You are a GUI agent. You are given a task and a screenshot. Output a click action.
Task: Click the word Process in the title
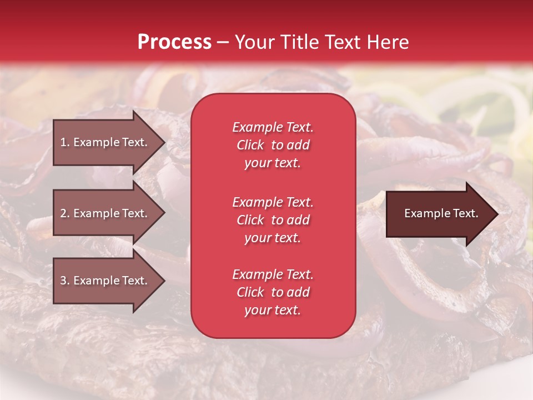click(174, 42)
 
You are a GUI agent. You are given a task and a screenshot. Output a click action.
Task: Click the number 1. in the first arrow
click(65, 142)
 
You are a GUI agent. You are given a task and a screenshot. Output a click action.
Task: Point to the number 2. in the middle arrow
click(65, 213)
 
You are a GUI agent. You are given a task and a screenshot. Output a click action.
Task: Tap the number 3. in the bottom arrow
click(65, 281)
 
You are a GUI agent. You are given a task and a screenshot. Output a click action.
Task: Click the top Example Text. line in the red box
click(273, 127)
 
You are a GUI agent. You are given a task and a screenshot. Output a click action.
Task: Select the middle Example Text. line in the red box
click(273, 202)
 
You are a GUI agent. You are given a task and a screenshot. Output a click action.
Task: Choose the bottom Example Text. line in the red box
click(273, 274)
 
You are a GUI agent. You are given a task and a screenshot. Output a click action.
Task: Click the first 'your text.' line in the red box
click(273, 163)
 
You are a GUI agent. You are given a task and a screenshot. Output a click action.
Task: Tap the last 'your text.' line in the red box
click(273, 311)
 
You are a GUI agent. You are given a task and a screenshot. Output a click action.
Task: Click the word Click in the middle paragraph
click(250, 220)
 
